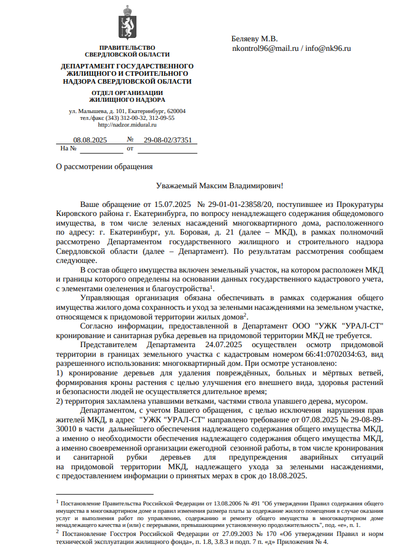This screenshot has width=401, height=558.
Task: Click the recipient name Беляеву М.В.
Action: pyautogui.click(x=255, y=39)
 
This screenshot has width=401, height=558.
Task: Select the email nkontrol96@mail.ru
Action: pyautogui.click(x=265, y=49)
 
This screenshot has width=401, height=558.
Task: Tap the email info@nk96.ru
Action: pyautogui.click(x=328, y=49)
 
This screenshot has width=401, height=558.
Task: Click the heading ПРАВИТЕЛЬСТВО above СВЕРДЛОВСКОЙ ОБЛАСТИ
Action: pyautogui.click(x=127, y=47)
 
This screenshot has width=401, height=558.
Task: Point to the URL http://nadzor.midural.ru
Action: pyautogui.click(x=127, y=125)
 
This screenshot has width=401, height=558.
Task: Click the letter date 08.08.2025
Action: pyautogui.click(x=90, y=140)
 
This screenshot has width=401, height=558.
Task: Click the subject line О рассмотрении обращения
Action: pyautogui.click(x=104, y=166)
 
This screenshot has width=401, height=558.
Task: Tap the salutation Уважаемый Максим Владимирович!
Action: pyautogui.click(x=219, y=185)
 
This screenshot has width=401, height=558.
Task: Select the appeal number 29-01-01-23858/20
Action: pyautogui.click(x=235, y=204)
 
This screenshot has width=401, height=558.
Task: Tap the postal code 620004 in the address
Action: pyautogui.click(x=176, y=111)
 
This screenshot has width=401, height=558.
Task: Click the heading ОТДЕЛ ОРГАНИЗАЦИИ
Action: pyautogui.click(x=127, y=93)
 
